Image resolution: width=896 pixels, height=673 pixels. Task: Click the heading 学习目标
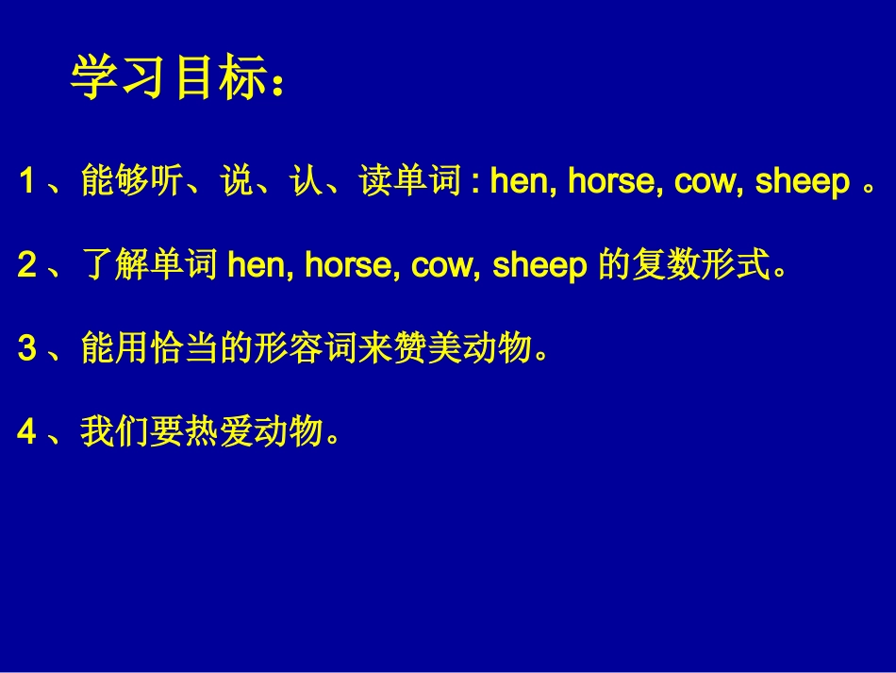(x=166, y=80)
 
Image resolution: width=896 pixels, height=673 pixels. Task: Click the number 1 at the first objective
(x=27, y=182)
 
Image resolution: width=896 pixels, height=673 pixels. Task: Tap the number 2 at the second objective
(x=27, y=266)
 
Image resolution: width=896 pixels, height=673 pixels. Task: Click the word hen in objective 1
(x=519, y=182)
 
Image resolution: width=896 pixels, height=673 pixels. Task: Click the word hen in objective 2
(x=258, y=266)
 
